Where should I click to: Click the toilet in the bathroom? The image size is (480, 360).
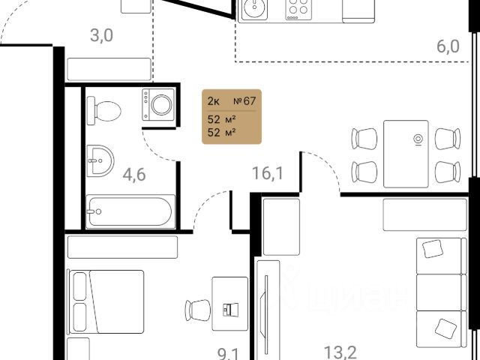click(104, 111)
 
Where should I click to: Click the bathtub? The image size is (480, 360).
click(130, 211)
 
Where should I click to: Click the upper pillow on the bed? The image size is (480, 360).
click(80, 286)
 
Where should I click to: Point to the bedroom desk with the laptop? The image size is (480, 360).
click(229, 308)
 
